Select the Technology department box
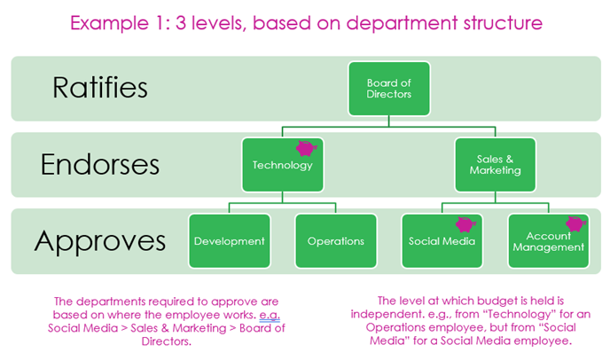click(x=283, y=165)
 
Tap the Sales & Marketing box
click(x=495, y=165)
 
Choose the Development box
click(x=229, y=240)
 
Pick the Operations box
click(x=335, y=240)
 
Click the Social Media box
click(x=442, y=240)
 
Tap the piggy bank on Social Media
click(x=465, y=225)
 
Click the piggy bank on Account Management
click(x=578, y=223)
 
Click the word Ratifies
click(x=99, y=88)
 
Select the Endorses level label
click(x=100, y=164)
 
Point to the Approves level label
click(x=100, y=240)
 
